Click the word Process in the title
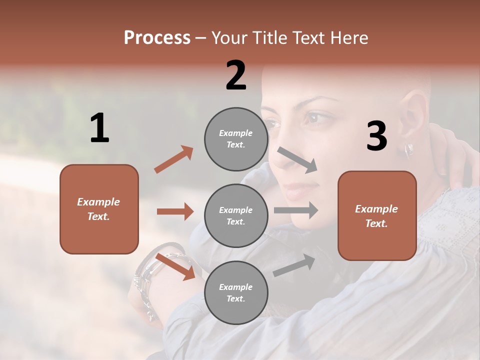tap(157, 38)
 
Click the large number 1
tap(99, 128)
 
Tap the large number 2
tap(236, 75)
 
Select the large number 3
tap(376, 136)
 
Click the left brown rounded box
tap(99, 209)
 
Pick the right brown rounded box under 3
tap(377, 215)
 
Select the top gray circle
tap(236, 139)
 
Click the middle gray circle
tap(236, 215)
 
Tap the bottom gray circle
tap(236, 292)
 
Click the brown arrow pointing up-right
tap(173, 159)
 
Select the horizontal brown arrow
tap(175, 211)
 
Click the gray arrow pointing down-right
tap(297, 160)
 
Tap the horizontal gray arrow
tap(295, 210)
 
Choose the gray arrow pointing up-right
tap(294, 265)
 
